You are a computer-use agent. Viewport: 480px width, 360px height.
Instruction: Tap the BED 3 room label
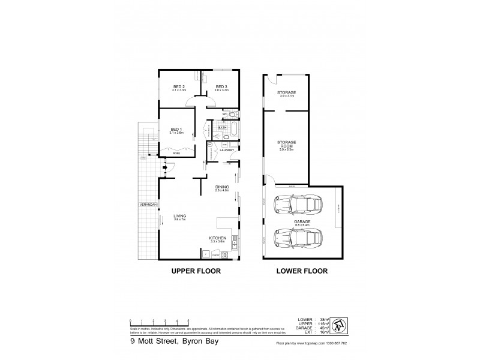tap(221, 86)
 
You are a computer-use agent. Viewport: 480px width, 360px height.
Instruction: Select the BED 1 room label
tap(176, 129)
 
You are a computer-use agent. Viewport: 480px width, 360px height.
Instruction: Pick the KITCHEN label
tap(217, 238)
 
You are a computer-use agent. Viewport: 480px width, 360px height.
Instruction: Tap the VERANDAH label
tap(148, 205)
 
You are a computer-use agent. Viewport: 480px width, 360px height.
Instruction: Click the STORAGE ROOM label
tap(286, 144)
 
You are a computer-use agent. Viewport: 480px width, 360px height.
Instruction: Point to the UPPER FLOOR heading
tap(196, 271)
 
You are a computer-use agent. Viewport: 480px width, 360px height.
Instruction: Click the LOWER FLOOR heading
tap(302, 271)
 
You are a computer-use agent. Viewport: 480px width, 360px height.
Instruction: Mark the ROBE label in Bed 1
tap(176, 154)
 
